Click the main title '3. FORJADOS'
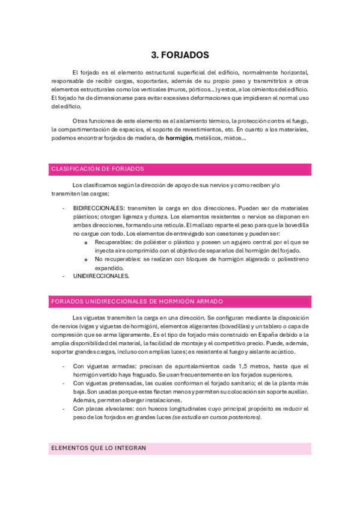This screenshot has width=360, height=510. click(x=180, y=55)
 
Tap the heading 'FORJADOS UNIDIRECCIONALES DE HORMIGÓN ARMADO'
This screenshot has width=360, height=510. click(x=138, y=301)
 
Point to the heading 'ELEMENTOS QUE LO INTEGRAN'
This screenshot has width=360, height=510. click(x=99, y=448)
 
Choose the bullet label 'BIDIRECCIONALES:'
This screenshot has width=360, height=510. click(x=99, y=208)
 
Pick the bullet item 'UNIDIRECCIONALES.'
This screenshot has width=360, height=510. click(x=101, y=276)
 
